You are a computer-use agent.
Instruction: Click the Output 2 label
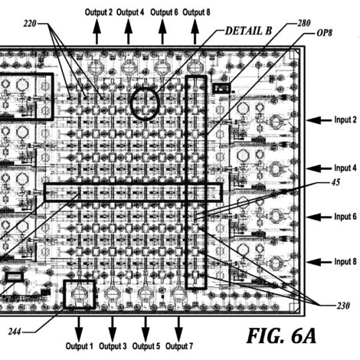pyautogui.click(x=99, y=12)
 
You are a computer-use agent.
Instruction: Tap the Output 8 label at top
pyautogui.click(x=196, y=12)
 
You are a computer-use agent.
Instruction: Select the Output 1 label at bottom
pyautogui.click(x=80, y=346)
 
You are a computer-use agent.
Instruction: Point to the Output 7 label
pyautogui.click(x=179, y=346)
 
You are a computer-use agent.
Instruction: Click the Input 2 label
pyautogui.click(x=345, y=119)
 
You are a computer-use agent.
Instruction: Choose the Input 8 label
pyautogui.click(x=345, y=262)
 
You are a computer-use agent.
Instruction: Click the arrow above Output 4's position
pyautogui.click(x=128, y=31)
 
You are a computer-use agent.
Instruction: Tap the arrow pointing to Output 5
pyautogui.click(x=146, y=329)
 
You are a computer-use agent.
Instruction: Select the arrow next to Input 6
pyautogui.click(x=319, y=217)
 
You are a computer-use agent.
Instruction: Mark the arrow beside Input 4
pyautogui.click(x=319, y=169)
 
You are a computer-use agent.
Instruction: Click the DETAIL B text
pyautogui.click(x=248, y=31)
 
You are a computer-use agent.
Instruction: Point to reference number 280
pyautogui.click(x=304, y=23)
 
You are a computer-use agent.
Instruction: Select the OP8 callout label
pyautogui.click(x=324, y=33)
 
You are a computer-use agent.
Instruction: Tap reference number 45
pyautogui.click(x=335, y=182)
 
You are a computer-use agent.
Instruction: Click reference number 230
pyautogui.click(x=343, y=306)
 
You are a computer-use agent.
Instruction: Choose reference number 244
pyautogui.click(x=15, y=332)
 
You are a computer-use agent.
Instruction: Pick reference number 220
pyautogui.click(x=30, y=24)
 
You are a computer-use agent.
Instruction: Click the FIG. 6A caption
pyautogui.click(x=281, y=335)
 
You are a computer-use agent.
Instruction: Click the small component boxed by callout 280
pyautogui.click(x=221, y=88)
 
